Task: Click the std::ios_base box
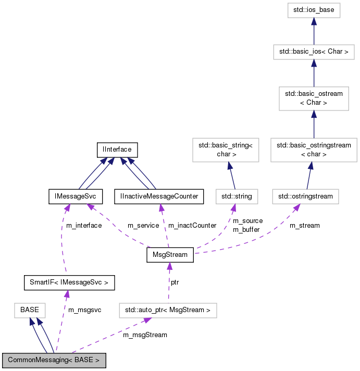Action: pos(313,9)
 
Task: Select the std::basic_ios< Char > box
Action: pos(313,52)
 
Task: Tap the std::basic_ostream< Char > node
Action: pos(313,98)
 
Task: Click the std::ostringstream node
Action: pos(306,196)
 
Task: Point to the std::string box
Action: pos(234,196)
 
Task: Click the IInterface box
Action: pos(117,150)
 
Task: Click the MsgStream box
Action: pos(170,255)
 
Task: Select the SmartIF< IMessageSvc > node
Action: pos(69,283)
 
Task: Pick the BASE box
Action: pos(30,310)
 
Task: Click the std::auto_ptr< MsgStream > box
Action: pos(167,310)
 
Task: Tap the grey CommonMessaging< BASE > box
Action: pos(54,360)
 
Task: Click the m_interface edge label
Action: pos(84,226)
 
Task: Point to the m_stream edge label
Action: pos(305,226)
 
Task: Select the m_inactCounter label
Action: pos(192,226)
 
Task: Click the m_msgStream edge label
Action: pos(145,335)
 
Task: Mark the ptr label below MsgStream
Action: pos(176,282)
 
